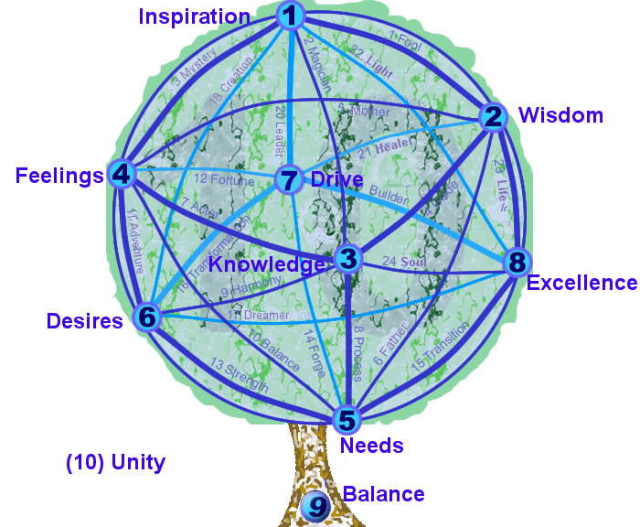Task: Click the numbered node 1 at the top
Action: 290,15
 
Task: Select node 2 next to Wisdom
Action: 493,117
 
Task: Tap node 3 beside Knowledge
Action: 347,258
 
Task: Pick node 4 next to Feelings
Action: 122,174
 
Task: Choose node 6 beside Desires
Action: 147,317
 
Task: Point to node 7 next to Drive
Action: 289,180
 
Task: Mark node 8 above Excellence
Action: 517,263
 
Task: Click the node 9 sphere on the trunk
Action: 315,505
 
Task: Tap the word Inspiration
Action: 195,16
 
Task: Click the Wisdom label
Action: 560,115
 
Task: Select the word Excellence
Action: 581,283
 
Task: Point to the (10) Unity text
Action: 115,462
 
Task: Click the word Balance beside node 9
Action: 383,494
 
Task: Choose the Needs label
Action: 371,446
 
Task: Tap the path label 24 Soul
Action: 402,263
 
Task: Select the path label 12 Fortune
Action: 224,180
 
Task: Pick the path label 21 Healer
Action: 386,146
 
